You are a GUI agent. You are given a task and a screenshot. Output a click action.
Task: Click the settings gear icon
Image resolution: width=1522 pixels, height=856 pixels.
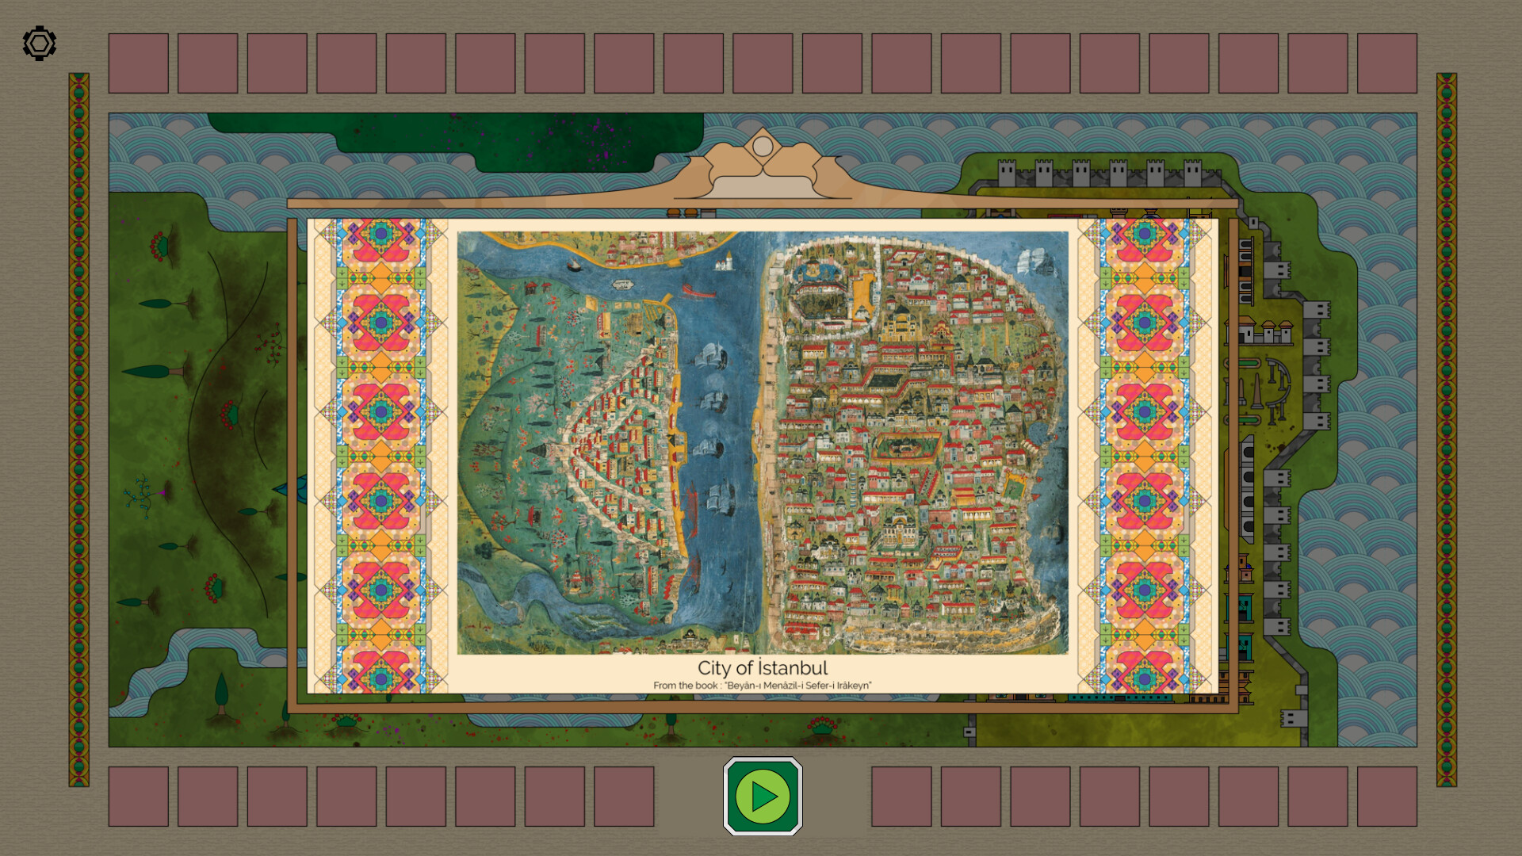tap(40, 44)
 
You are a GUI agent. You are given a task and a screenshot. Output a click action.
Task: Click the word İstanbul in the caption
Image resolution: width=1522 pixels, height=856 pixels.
tap(792, 668)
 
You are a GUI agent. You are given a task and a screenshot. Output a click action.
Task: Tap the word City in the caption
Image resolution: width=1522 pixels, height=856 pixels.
tap(714, 668)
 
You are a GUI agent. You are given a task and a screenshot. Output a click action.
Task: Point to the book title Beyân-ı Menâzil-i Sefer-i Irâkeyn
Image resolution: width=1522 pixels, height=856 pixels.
tap(797, 686)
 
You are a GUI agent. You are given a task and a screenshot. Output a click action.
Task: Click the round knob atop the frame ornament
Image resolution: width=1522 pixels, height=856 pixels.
tap(763, 147)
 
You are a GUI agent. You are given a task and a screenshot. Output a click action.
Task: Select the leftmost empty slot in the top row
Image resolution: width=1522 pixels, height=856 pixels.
tap(139, 63)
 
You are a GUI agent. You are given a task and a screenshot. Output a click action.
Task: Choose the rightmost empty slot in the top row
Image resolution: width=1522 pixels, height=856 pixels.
tap(1386, 63)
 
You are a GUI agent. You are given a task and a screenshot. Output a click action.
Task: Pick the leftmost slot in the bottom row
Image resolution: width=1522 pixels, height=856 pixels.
tap(139, 796)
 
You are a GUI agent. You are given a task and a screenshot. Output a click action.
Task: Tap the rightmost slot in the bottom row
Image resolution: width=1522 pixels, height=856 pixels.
tap(1386, 796)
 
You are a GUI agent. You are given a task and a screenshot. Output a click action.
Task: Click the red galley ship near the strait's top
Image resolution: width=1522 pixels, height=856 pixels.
tap(698, 292)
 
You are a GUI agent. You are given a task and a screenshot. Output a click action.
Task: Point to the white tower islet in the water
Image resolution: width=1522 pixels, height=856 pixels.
tap(724, 261)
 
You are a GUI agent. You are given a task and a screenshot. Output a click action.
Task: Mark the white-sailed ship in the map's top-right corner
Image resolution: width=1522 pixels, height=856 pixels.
tap(1031, 258)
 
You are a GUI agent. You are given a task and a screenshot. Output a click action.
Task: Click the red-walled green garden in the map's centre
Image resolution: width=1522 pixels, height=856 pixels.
tap(906, 446)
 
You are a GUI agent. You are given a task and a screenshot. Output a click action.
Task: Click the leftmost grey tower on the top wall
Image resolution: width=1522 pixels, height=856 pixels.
tap(1007, 173)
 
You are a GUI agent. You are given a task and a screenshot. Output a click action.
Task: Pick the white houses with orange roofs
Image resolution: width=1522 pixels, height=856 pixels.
tap(1267, 331)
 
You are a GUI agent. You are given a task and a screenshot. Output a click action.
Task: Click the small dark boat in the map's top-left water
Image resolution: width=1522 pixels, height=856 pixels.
tap(573, 266)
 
